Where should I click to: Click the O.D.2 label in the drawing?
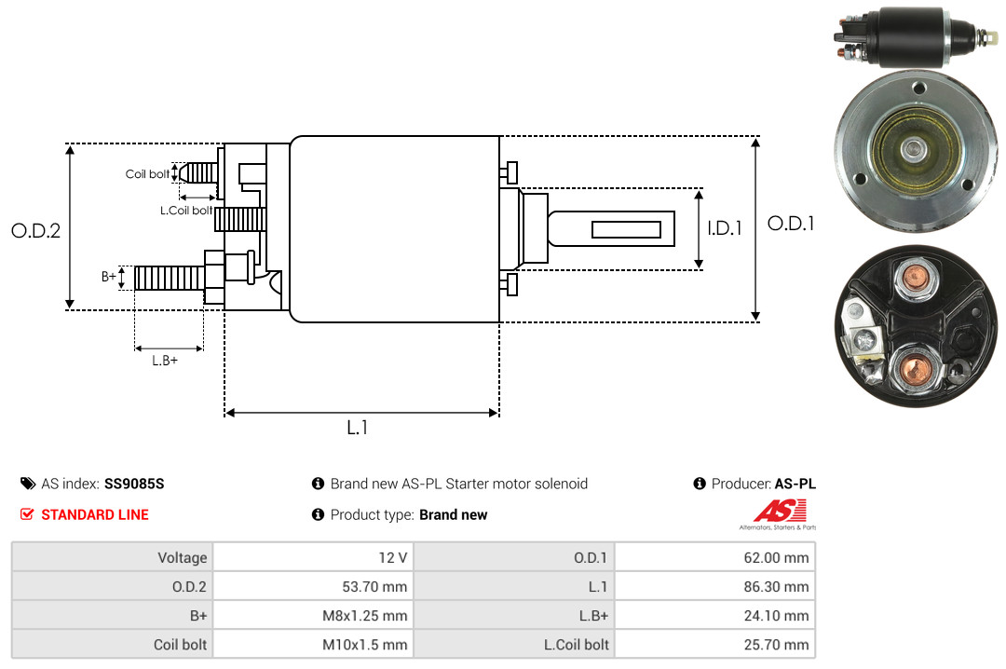click(36, 230)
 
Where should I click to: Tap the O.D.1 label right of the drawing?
click(791, 224)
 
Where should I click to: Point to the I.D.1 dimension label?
click(725, 228)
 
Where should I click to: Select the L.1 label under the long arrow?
click(358, 427)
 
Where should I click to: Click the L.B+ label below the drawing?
click(165, 361)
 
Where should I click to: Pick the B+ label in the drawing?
click(108, 277)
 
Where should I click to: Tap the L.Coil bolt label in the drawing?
click(186, 210)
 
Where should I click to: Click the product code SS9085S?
click(134, 484)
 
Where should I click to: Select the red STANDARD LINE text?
click(95, 515)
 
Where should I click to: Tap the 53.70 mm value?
click(374, 587)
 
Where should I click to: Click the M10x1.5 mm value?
click(364, 645)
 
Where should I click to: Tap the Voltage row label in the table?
click(183, 557)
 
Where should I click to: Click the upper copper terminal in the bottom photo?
click(915, 279)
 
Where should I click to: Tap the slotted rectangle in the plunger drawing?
click(626, 230)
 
